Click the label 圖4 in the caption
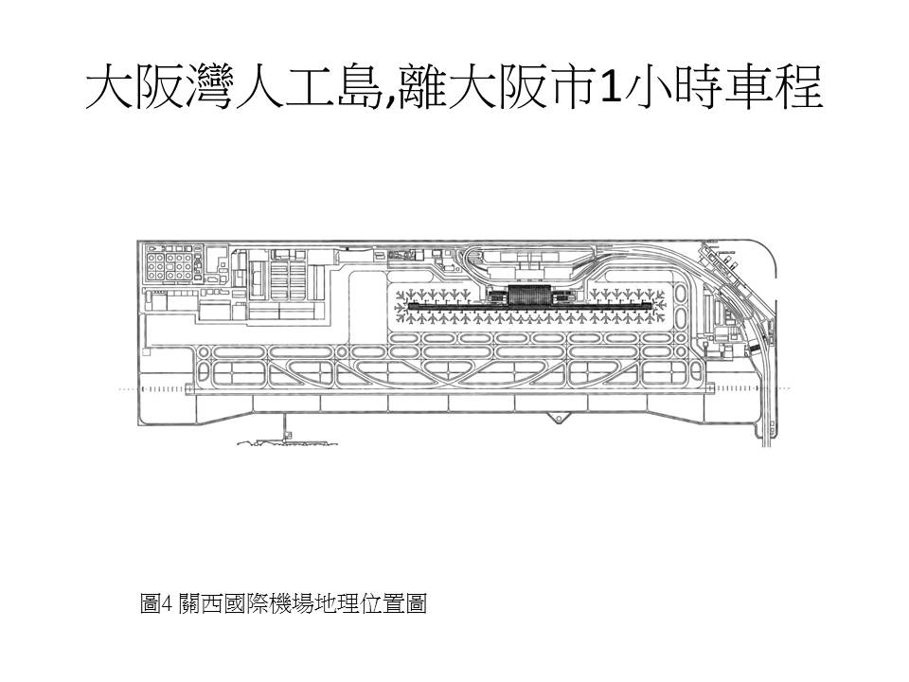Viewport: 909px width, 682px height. click(x=154, y=603)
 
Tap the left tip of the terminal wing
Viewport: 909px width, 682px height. click(x=409, y=308)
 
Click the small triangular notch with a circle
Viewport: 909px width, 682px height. click(x=561, y=418)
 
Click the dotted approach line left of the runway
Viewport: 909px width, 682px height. click(x=128, y=389)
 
